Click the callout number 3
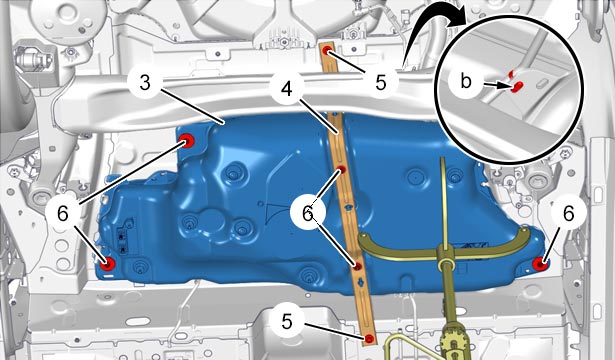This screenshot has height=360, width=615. tap(145, 83)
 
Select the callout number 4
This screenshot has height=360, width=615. tap(287, 89)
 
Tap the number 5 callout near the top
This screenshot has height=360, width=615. tap(380, 83)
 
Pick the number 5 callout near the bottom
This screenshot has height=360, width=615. tap(287, 322)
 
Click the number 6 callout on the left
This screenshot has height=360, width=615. tap(63, 214)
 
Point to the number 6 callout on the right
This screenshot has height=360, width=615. tap(568, 214)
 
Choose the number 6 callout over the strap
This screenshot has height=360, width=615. tap(308, 214)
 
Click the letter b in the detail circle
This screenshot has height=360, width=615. tap(466, 82)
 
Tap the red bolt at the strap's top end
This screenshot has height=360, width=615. tap(328, 50)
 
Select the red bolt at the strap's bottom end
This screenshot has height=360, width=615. tap(369, 338)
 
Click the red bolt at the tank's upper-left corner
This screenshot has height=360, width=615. tap(187, 140)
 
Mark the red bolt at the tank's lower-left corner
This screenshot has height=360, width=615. tap(107, 265)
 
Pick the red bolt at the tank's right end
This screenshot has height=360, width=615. tap(541, 264)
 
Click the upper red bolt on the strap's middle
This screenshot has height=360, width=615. tap(342, 170)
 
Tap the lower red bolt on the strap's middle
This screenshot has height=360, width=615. tap(357, 267)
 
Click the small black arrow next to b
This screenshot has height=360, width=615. tap(497, 84)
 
